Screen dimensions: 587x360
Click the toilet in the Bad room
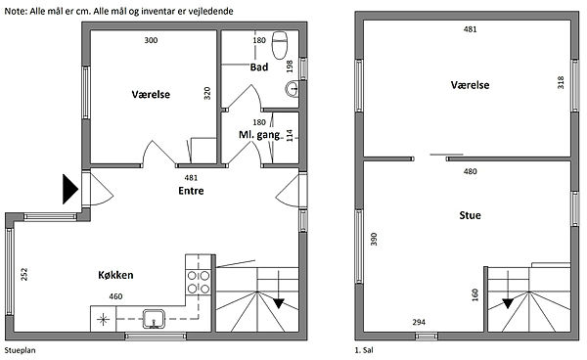tap(279, 45)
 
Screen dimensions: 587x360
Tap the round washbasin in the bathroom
tap(292, 89)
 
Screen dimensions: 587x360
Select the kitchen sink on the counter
tap(154, 319)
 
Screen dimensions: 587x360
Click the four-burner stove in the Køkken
tap(199, 282)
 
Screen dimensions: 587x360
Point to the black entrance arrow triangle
tap(70, 189)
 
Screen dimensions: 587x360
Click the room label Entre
tap(191, 191)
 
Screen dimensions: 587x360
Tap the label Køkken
tap(115, 275)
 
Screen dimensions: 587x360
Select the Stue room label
tap(470, 215)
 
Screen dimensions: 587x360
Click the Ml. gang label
tap(259, 135)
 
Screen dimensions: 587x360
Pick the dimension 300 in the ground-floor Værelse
tap(151, 40)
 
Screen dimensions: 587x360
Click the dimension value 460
tap(115, 296)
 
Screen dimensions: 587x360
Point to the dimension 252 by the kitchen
tap(23, 274)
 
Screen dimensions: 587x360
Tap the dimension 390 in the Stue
tap(374, 239)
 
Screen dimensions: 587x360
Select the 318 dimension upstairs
tap(561, 82)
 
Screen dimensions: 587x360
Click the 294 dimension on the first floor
tap(419, 322)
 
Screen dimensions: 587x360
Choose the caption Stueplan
tap(20, 350)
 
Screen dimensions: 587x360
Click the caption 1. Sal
tap(364, 350)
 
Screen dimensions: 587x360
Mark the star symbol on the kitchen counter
tap(103, 320)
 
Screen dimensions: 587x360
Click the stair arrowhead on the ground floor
tap(279, 303)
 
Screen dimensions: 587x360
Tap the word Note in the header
tap(16, 11)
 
